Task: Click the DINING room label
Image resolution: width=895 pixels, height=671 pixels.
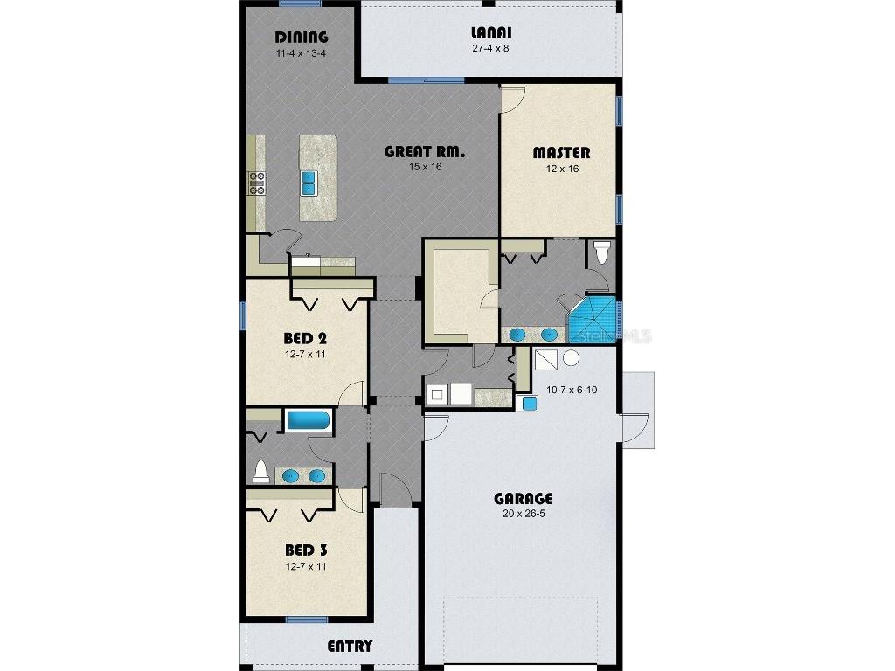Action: [x=302, y=37]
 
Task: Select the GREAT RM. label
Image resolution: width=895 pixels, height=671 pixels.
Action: [x=425, y=151]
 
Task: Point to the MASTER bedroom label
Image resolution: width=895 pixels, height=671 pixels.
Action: [x=561, y=153]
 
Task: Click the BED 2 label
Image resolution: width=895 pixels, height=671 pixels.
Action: [x=305, y=338]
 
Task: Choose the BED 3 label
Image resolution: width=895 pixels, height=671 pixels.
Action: [x=306, y=550]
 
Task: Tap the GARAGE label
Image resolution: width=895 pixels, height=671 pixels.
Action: [x=523, y=499]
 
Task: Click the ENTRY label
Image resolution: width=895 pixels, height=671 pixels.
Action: [x=350, y=647]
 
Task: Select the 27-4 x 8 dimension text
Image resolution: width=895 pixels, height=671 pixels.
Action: [x=489, y=49]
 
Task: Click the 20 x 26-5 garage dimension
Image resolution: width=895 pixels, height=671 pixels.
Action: [x=523, y=514]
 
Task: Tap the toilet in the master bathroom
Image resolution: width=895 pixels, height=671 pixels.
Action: [x=600, y=253]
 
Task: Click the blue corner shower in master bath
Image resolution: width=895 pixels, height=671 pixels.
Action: [x=593, y=320]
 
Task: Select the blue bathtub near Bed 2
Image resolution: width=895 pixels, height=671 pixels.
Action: [x=309, y=420]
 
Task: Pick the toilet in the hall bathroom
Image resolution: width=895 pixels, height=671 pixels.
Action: [x=260, y=473]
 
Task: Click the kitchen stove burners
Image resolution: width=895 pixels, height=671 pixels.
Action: [x=258, y=182]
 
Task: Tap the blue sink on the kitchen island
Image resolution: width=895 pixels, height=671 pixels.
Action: [x=309, y=182]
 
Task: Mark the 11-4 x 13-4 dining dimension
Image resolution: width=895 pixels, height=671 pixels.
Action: [x=302, y=52]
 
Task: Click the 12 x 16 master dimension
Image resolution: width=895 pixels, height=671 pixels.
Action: [x=561, y=169]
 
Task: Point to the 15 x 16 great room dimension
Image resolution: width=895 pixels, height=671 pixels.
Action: [x=425, y=167]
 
